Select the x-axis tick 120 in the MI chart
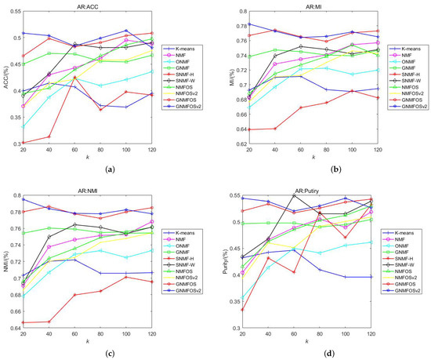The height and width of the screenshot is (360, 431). tap(378, 152)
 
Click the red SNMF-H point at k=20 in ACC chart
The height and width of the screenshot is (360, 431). tap(23, 143)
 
